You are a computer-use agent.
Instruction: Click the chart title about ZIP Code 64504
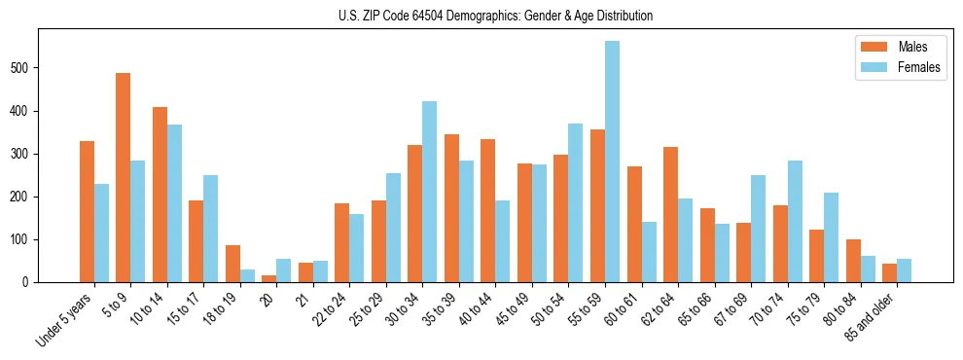tap(481, 16)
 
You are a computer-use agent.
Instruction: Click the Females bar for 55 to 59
tap(612, 162)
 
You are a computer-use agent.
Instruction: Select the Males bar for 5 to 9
tap(124, 178)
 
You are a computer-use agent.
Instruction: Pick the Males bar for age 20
tap(269, 278)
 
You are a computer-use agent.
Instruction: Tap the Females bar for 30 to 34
tap(430, 192)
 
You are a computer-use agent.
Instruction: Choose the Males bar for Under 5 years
tap(87, 212)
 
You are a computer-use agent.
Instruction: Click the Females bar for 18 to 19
tap(247, 275)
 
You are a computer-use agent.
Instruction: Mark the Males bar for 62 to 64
tap(670, 215)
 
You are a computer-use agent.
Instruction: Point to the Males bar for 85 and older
tap(889, 273)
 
